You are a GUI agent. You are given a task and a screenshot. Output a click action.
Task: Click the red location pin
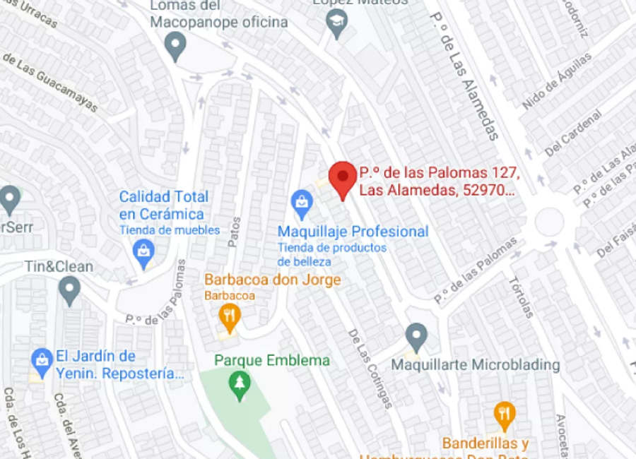pos(343,177)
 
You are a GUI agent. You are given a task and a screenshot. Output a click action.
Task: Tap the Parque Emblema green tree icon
pos(241,385)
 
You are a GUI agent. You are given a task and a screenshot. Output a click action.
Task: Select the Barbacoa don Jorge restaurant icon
pos(229,317)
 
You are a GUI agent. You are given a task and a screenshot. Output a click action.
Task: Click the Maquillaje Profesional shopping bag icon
pos(302,203)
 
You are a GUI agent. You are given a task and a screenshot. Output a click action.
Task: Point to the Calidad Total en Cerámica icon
pos(143,252)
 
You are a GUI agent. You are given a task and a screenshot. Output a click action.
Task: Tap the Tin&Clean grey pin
pos(69,290)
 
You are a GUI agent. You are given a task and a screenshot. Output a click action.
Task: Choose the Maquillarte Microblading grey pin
pos(416,337)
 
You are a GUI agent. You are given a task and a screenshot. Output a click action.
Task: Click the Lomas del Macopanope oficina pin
pos(175,47)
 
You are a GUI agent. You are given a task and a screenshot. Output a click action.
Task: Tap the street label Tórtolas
pos(522,297)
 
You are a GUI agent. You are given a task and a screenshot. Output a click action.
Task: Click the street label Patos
pos(234,232)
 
